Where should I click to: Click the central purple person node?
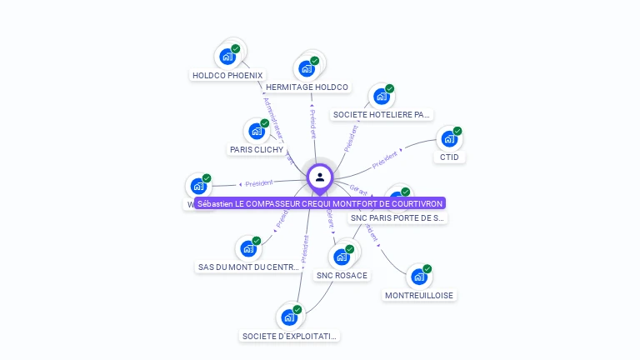(320, 177)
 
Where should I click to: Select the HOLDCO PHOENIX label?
(227, 75)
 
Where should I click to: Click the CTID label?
(449, 157)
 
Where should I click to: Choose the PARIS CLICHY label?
(257, 150)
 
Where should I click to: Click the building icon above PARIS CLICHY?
(257, 131)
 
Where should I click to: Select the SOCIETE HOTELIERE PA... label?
(382, 115)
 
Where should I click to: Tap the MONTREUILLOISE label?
(420, 295)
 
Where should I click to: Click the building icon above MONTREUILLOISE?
(419, 277)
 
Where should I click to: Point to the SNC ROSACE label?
(342, 275)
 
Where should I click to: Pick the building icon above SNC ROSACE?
(341, 257)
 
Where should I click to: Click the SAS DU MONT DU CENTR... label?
(248, 267)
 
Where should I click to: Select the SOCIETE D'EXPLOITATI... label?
(290, 337)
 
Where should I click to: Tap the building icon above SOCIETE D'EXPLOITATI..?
(289, 317)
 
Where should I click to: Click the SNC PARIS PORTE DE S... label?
(397, 218)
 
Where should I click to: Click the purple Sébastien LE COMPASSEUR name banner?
(320, 203)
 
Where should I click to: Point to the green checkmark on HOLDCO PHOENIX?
(236, 49)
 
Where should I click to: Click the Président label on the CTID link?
(385, 160)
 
